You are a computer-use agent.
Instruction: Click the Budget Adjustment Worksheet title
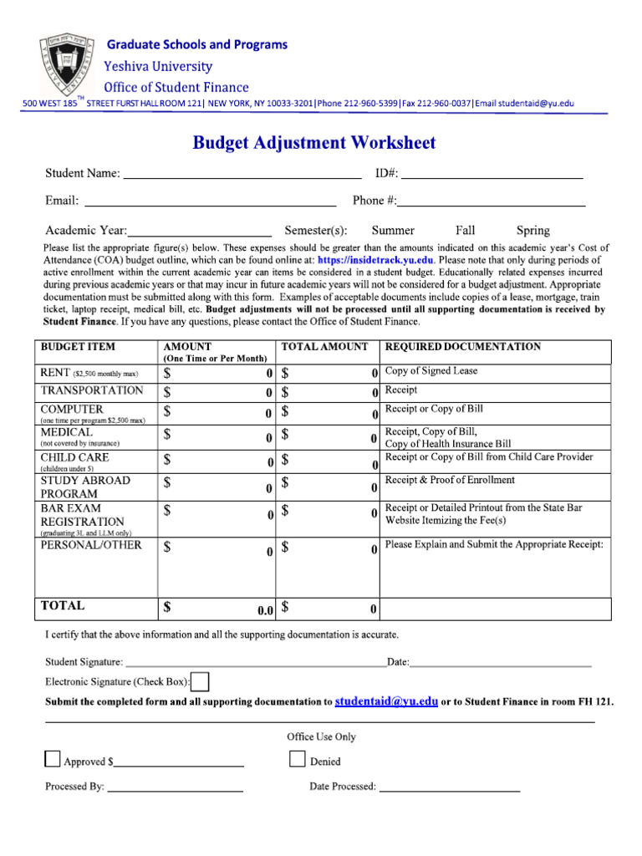click(314, 143)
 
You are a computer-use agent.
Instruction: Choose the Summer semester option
click(393, 231)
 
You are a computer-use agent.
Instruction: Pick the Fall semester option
click(466, 231)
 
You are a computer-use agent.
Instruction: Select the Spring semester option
click(533, 231)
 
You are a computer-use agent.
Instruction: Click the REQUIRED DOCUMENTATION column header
click(462, 347)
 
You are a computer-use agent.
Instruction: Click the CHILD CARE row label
click(74, 458)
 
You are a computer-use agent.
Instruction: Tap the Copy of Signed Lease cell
click(431, 371)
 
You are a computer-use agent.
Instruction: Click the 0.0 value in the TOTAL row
click(266, 610)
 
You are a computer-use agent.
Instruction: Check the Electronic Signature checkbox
click(201, 682)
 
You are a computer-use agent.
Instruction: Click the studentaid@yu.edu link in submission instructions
click(386, 702)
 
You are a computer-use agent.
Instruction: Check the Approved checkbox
click(53, 759)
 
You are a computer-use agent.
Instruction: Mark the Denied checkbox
click(298, 759)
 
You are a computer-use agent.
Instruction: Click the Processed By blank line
click(176, 787)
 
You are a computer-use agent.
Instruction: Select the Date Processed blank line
click(450, 787)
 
